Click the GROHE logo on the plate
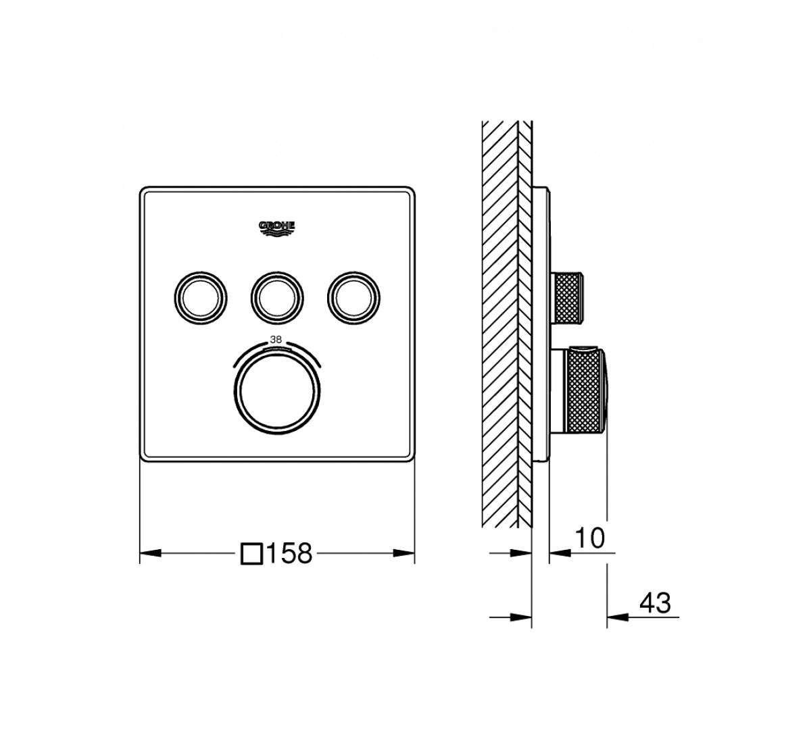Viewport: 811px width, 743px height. [x=276, y=228]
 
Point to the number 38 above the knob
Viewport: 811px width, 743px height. [x=276, y=340]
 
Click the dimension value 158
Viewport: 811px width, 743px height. [x=289, y=553]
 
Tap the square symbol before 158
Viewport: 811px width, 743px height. [x=252, y=553]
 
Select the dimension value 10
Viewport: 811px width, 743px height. [x=590, y=538]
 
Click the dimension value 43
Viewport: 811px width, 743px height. [x=655, y=614]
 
